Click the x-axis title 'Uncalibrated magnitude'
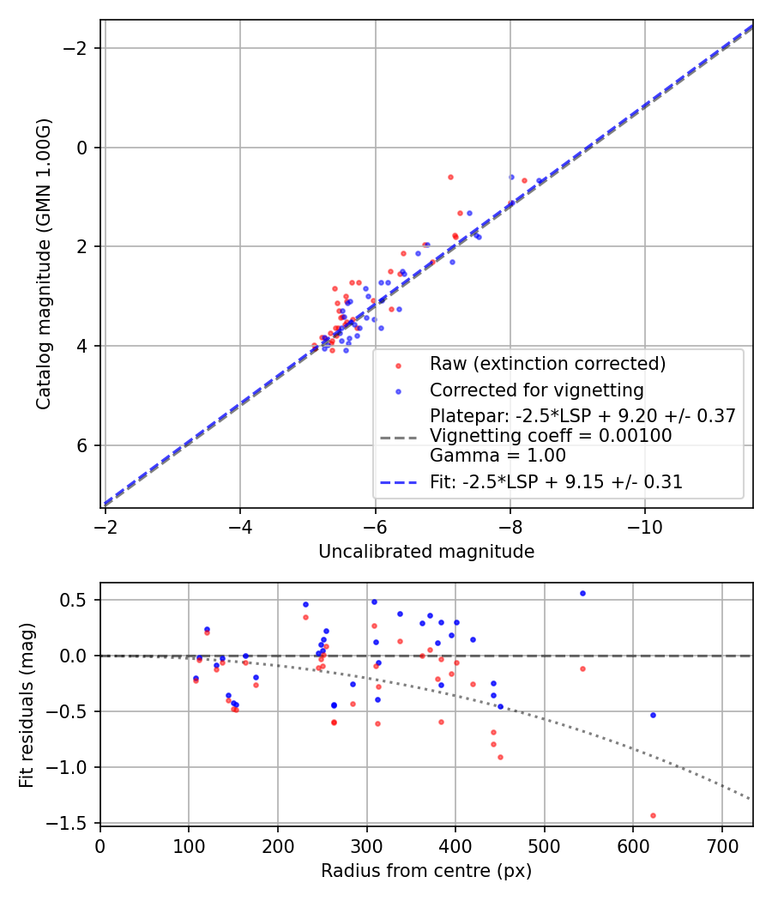click(x=426, y=552)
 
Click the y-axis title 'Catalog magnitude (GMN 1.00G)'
click(x=44, y=264)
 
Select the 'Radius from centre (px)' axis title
click(x=426, y=871)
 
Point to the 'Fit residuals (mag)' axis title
click(x=27, y=704)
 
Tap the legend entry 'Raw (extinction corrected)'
click(x=547, y=364)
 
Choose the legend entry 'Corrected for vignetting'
click(x=536, y=390)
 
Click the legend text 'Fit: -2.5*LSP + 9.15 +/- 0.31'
click(x=556, y=482)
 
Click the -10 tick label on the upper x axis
click(x=645, y=526)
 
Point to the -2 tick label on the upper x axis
click(x=106, y=526)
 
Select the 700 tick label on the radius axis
click(x=721, y=844)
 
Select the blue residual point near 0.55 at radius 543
click(x=582, y=593)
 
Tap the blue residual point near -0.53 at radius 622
click(x=653, y=715)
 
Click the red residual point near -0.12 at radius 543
click(x=582, y=668)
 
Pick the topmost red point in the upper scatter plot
click(x=450, y=177)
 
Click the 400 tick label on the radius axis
click(x=455, y=844)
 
